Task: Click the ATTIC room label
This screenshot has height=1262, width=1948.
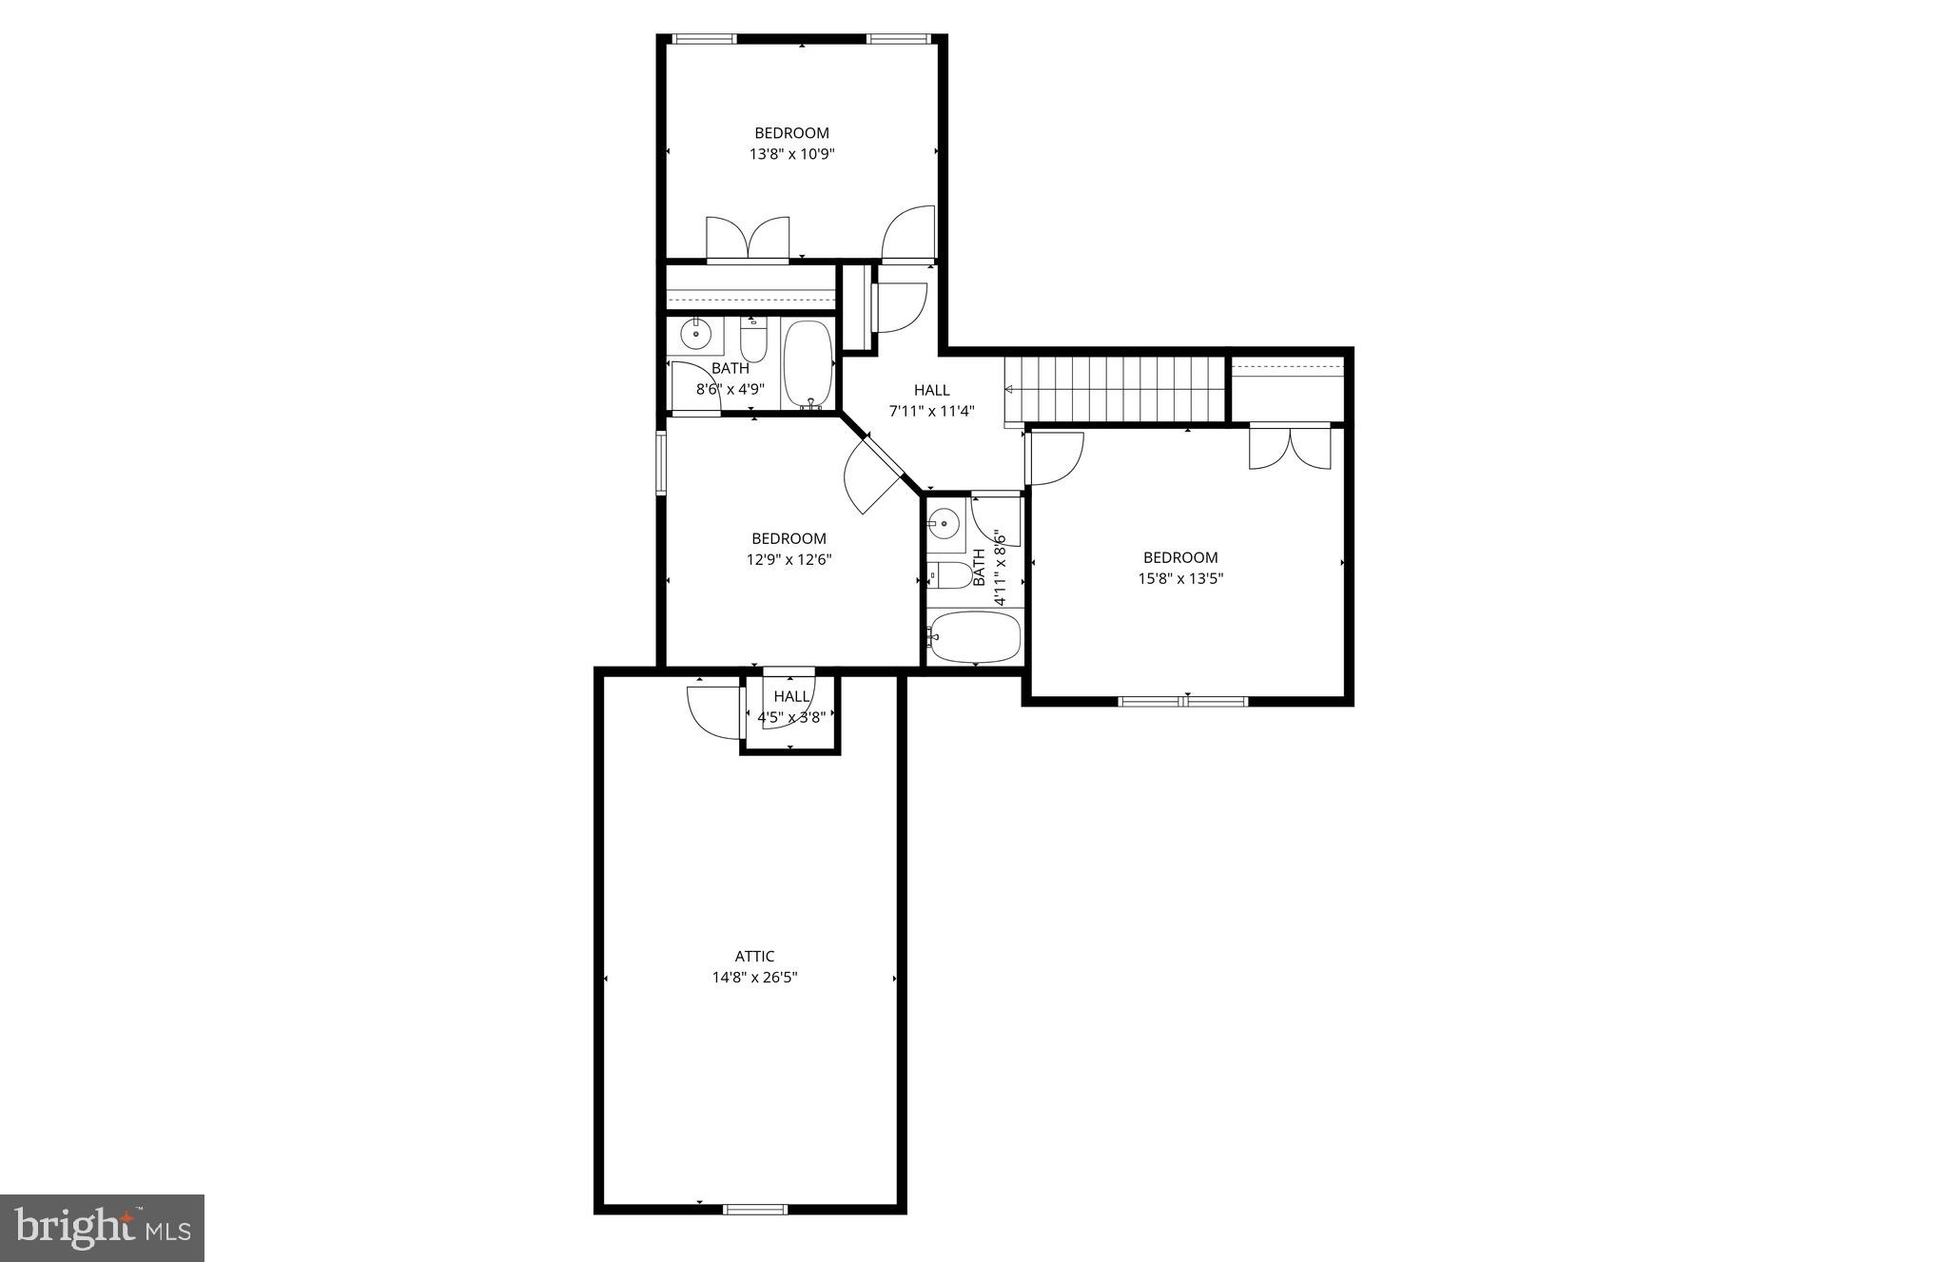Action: pos(754,957)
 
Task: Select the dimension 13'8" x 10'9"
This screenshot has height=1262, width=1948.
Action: pos(791,153)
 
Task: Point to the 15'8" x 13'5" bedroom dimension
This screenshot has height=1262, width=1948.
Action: pos(1180,578)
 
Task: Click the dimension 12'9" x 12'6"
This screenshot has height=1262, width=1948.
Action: pos(789,560)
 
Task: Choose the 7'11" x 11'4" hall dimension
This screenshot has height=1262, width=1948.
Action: pos(932,412)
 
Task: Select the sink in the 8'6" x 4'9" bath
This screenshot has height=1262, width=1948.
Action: pos(696,335)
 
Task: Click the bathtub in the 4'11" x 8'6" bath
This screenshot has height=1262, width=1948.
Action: pos(975,636)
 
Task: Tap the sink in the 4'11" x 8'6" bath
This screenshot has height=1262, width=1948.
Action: pos(945,521)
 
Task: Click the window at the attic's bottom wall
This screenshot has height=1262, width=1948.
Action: pos(755,1209)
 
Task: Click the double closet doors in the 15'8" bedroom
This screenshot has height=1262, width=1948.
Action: pos(1289,447)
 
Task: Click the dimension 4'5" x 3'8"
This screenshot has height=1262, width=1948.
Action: pos(790,717)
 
